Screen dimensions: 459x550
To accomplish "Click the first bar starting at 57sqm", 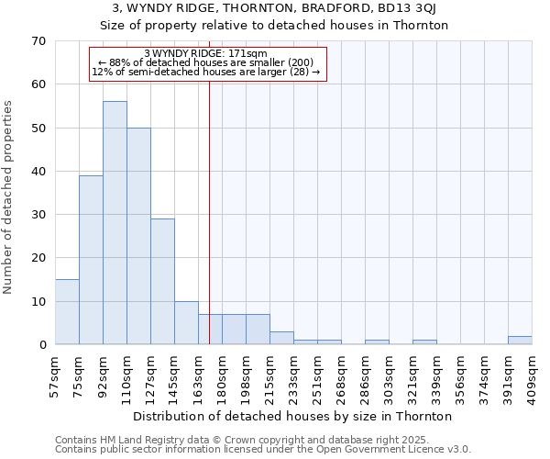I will (67, 312).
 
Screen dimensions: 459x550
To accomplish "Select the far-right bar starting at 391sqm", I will (520, 341).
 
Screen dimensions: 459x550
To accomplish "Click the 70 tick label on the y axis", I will (38, 41).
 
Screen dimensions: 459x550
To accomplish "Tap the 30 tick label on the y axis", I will (38, 215).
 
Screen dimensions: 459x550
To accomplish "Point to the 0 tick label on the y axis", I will (41, 345).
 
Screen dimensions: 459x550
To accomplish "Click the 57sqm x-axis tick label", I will (56, 375).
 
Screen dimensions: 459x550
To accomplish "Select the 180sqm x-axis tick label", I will (223, 375).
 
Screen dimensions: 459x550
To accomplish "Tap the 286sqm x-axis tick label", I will (366, 375).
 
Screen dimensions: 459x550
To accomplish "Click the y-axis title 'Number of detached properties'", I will (9, 197).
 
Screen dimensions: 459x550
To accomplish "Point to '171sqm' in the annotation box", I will (247, 54).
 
